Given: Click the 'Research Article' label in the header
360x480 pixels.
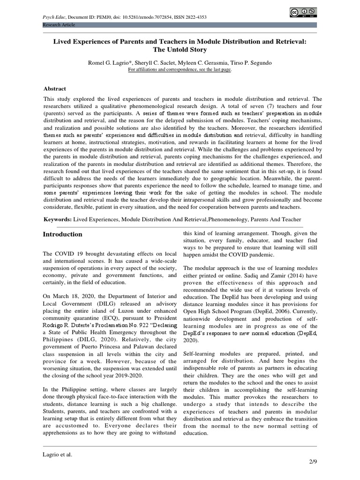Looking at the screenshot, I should [59, 24].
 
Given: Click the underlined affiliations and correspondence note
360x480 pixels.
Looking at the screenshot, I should [180, 69].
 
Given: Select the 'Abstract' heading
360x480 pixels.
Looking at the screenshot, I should [55, 89].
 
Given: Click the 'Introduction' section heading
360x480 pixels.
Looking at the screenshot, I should [63, 234].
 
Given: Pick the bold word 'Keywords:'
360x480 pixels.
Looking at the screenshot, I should [58, 219].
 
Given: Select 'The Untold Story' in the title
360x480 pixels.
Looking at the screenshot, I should [180, 50].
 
